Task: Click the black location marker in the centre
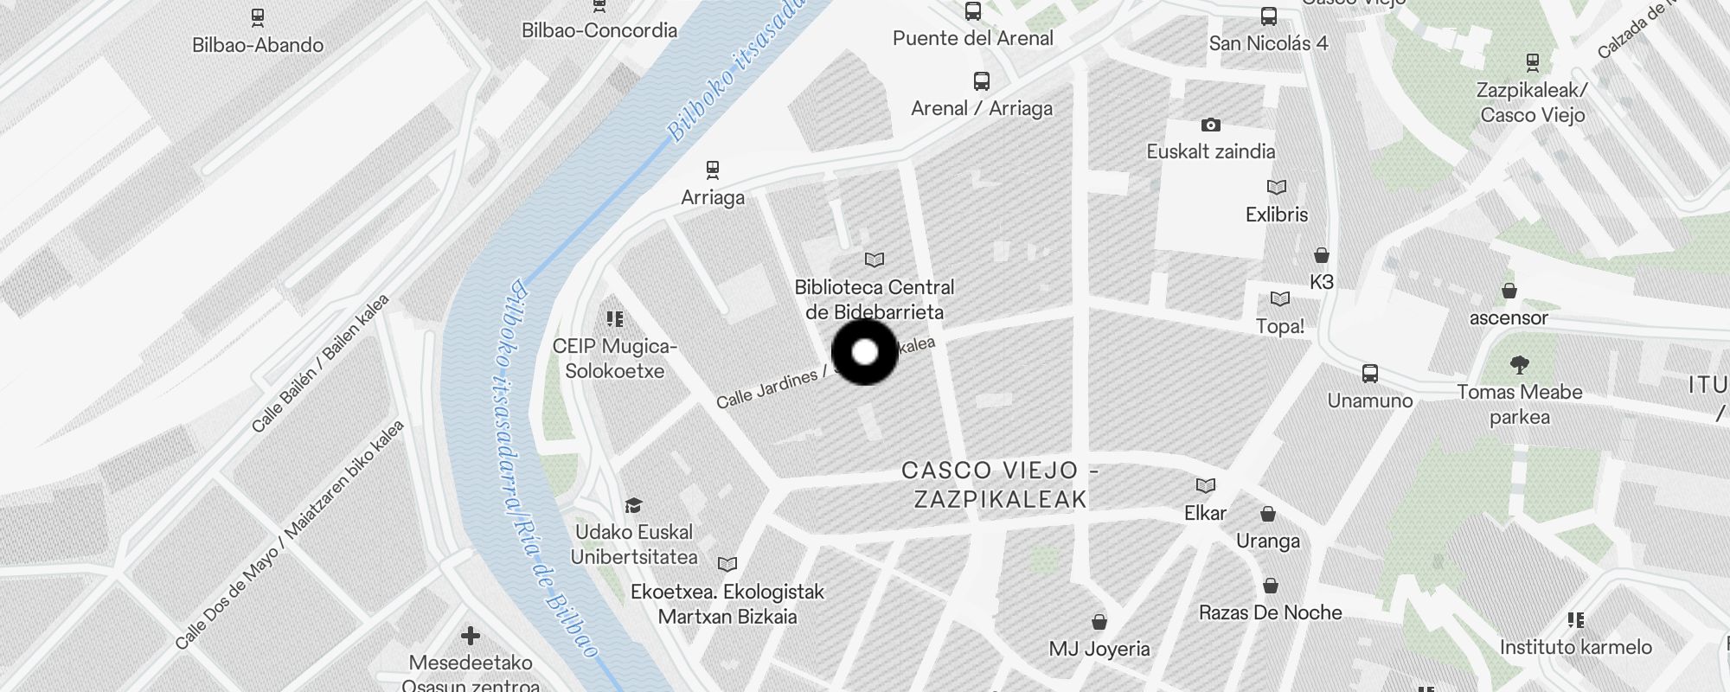pyautogui.click(x=865, y=352)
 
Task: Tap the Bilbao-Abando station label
pyautogui.click(x=258, y=45)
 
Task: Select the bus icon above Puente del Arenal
pyautogui.click(x=973, y=11)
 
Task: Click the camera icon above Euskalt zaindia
pyautogui.click(x=1211, y=125)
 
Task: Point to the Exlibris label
pyautogui.click(x=1277, y=215)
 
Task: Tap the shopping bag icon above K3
pyautogui.click(x=1321, y=255)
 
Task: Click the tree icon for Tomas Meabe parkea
pyautogui.click(x=1519, y=364)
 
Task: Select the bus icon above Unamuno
pyautogui.click(x=1370, y=374)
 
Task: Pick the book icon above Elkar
pyautogui.click(x=1206, y=485)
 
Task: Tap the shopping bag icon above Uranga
pyautogui.click(x=1268, y=515)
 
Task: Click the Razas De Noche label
pyautogui.click(x=1270, y=612)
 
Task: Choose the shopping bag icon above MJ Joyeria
pyautogui.click(x=1099, y=622)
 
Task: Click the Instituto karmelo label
pyautogui.click(x=1575, y=647)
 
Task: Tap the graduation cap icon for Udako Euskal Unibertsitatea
pyautogui.click(x=634, y=505)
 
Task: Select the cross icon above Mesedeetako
pyautogui.click(x=471, y=637)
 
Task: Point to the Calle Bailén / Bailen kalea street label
pyautogui.click(x=320, y=363)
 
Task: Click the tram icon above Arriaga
pyautogui.click(x=713, y=170)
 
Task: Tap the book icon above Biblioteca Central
pyautogui.click(x=875, y=259)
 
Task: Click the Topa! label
pyautogui.click(x=1280, y=326)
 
